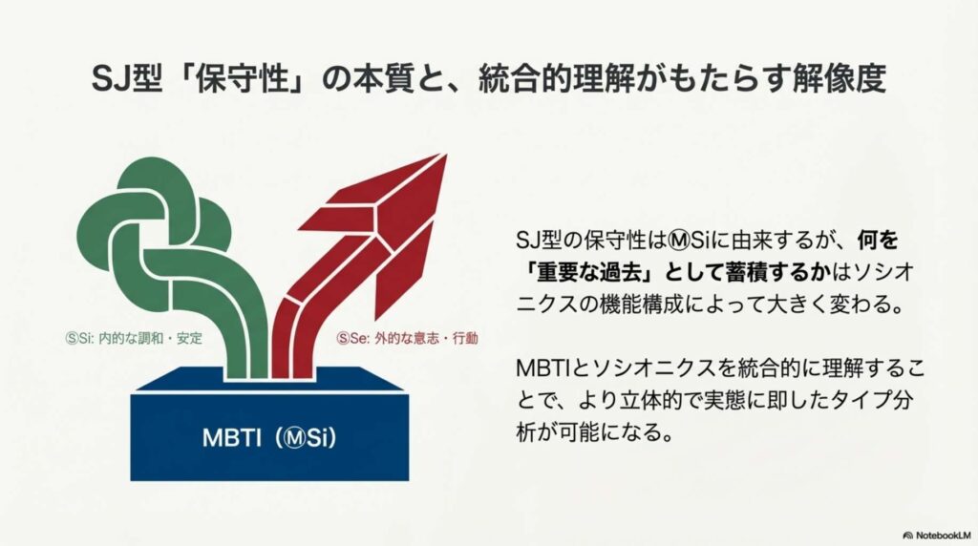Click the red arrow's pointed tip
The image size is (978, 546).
pos(446,155)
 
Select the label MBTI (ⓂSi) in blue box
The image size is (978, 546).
pos(269,436)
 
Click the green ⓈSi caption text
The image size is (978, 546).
pos(134,339)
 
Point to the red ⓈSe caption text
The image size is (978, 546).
pos(407,339)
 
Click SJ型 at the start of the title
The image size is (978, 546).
pos(127,79)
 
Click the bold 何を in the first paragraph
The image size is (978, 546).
pos(879,240)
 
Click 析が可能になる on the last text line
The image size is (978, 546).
pos(595,432)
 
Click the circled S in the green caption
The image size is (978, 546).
pos(72,339)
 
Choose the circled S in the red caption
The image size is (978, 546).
pos(343,339)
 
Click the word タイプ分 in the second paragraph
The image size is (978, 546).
pos(877,400)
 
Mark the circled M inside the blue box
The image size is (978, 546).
pos(295,437)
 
